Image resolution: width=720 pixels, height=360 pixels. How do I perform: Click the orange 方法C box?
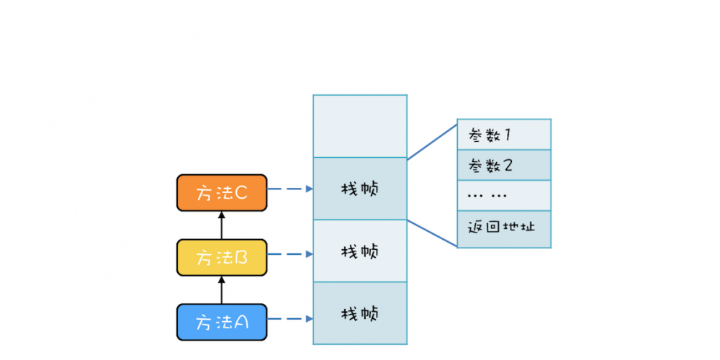tap(222, 192)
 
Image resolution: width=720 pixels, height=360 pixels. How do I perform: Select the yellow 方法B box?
tap(222, 257)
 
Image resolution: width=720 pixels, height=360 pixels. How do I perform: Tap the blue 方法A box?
tap(222, 322)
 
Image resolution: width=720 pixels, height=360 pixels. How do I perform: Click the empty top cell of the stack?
tap(360, 126)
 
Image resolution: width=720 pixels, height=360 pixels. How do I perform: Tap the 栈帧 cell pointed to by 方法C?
tap(360, 189)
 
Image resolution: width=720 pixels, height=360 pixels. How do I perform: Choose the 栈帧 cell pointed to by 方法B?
tap(360, 251)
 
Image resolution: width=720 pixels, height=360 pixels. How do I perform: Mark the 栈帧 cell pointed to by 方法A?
tap(360, 314)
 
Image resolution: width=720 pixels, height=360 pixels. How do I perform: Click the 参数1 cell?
tap(504, 135)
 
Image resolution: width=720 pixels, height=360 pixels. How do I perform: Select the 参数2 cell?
tap(504, 166)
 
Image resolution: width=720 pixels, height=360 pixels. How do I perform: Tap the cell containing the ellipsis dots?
tap(504, 195)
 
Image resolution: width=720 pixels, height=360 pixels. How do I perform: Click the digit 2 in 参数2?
tap(508, 166)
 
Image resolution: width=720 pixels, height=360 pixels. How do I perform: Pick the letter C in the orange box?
tap(240, 192)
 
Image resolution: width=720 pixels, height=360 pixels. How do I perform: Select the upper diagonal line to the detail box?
tap(432, 140)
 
